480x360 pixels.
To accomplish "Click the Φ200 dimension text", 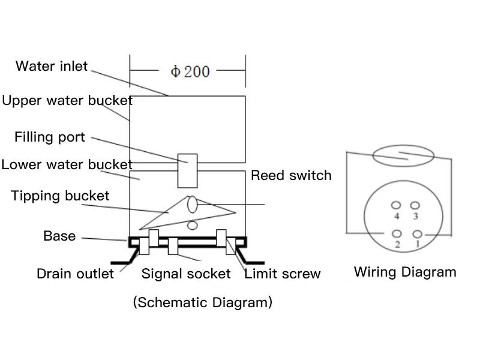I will click(x=190, y=71).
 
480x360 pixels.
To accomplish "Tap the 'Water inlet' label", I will click(x=52, y=66).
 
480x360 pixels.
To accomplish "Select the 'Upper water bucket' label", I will click(x=67, y=100).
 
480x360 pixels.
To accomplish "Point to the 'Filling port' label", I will click(x=50, y=137).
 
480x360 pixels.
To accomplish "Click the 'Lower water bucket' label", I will click(x=67, y=164).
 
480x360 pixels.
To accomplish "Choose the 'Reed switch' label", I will click(x=291, y=175).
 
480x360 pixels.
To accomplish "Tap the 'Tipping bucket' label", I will click(x=60, y=196).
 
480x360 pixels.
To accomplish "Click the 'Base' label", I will click(x=59, y=236).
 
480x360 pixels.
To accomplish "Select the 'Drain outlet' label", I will click(x=75, y=274).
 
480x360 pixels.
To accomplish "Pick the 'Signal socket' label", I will click(x=186, y=274).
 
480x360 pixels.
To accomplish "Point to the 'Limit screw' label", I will click(x=283, y=274).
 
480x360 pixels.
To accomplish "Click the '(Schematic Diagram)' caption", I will click(x=203, y=302).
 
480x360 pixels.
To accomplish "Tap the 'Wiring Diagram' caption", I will click(x=405, y=272).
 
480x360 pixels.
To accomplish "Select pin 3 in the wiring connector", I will click(x=415, y=205).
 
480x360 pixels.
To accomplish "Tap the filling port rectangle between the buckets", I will click(x=188, y=170).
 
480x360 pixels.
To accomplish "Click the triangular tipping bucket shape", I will click(x=180, y=211).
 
